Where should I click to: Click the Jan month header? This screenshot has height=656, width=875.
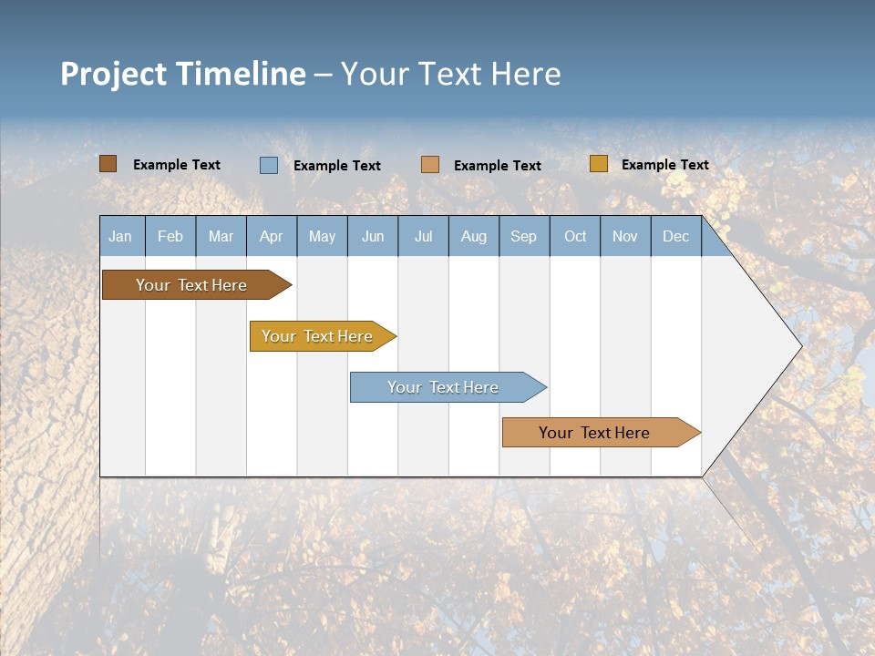(120, 237)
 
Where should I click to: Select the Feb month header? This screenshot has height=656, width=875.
(170, 237)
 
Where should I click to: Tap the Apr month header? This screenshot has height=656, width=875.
(271, 237)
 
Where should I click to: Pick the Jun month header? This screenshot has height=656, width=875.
(373, 237)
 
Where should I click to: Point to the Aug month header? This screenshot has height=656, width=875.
(474, 237)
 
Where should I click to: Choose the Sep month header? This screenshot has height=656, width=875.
(524, 237)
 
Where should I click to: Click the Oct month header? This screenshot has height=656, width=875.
(575, 237)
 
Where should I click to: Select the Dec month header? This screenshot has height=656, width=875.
(676, 237)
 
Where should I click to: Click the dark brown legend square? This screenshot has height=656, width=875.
(108, 164)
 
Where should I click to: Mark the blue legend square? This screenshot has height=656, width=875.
(269, 165)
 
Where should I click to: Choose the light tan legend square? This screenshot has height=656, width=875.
(430, 165)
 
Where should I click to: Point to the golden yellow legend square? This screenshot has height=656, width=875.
(598, 164)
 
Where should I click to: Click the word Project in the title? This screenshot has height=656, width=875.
(113, 74)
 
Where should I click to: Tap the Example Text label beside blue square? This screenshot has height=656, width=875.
(337, 166)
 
